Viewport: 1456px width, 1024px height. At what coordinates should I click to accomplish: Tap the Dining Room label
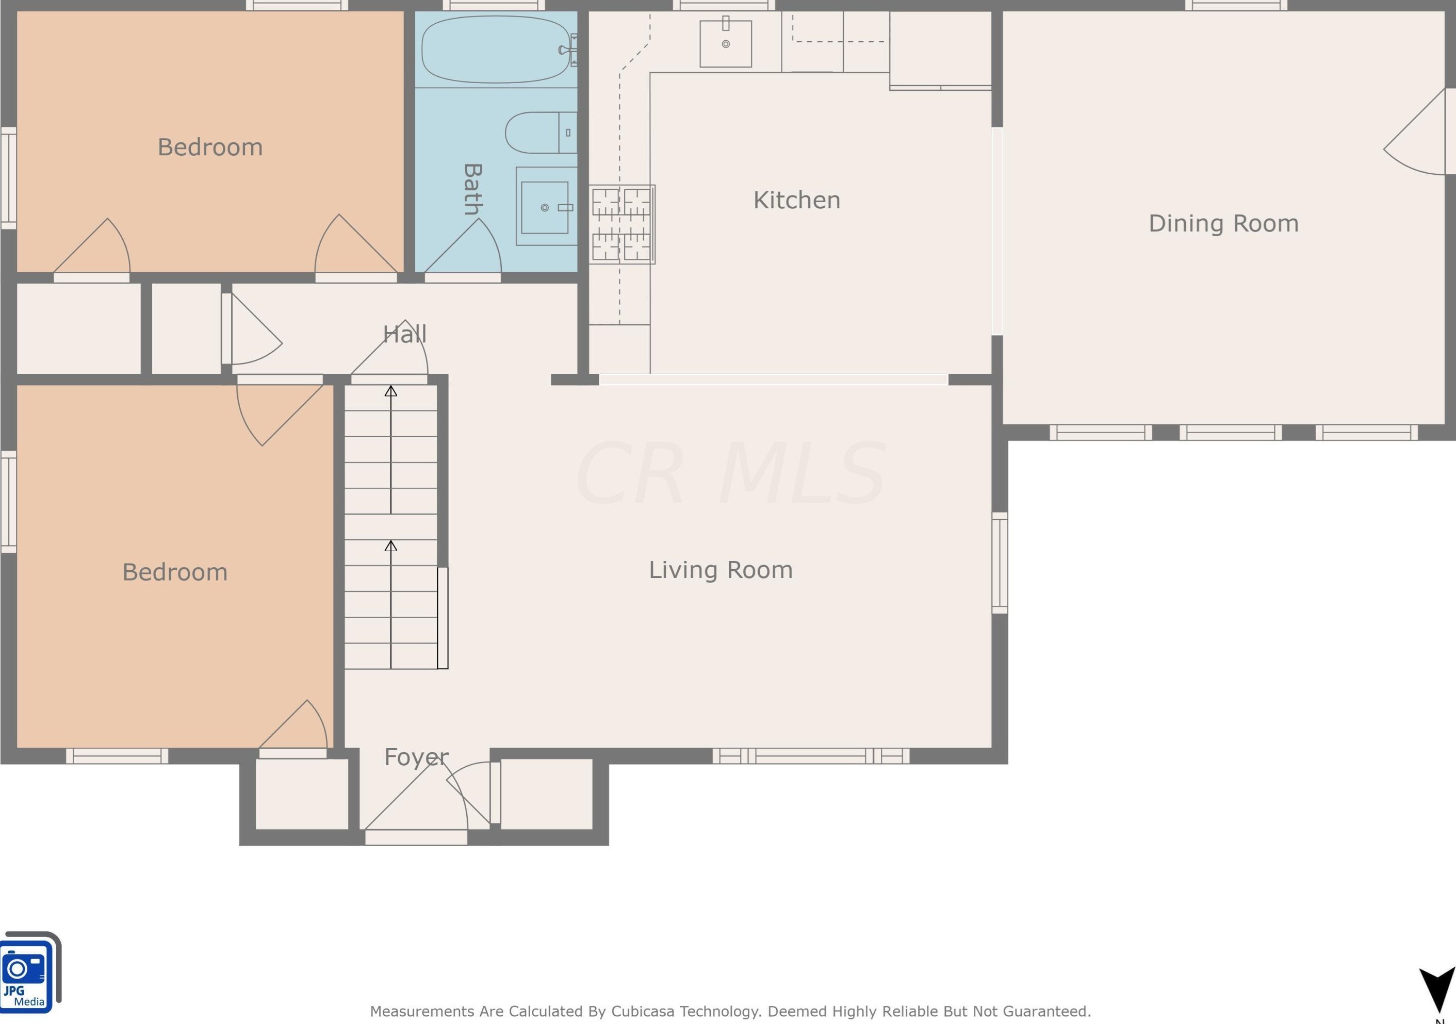[x=1223, y=223]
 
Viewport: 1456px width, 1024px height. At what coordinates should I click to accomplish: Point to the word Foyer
[x=416, y=757]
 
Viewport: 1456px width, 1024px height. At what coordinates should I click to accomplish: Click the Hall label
[x=404, y=334]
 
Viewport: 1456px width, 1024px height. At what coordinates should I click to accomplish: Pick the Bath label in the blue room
[x=473, y=189]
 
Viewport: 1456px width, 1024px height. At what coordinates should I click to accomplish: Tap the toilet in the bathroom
[x=541, y=133]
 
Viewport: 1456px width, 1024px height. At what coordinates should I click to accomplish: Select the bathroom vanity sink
[x=545, y=207]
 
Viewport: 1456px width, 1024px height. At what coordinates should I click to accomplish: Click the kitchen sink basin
[x=726, y=43]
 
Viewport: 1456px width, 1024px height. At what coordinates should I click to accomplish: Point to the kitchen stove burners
[x=621, y=224]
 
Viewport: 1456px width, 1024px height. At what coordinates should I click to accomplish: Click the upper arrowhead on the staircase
[x=390, y=391]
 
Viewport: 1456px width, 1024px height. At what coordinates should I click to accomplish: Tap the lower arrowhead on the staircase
[x=390, y=546]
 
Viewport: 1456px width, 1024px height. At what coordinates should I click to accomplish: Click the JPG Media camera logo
[x=30, y=972]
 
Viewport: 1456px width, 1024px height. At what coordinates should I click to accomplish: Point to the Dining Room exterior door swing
[x=1415, y=131]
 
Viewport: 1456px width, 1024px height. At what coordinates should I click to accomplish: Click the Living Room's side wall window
[x=1000, y=563]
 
